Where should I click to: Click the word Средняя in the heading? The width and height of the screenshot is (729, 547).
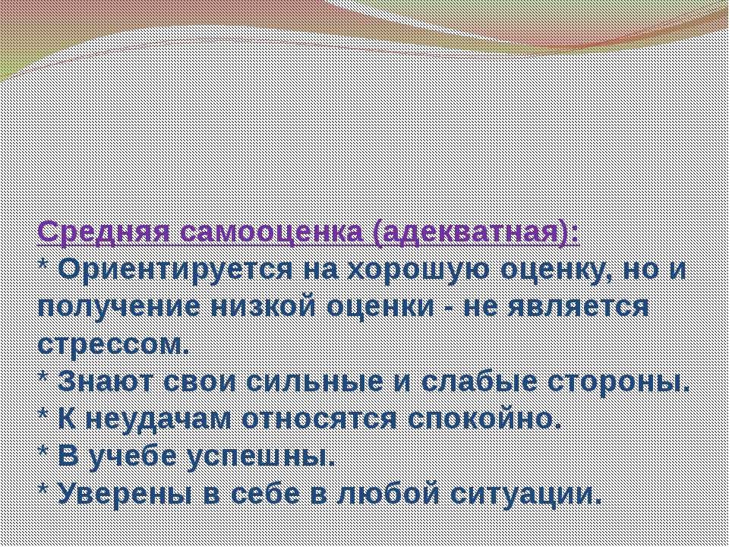[103, 232]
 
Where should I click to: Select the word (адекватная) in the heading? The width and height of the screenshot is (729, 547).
[476, 232]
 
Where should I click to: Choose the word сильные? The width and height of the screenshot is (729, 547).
[314, 383]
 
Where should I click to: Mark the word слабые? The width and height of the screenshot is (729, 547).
[478, 382]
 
